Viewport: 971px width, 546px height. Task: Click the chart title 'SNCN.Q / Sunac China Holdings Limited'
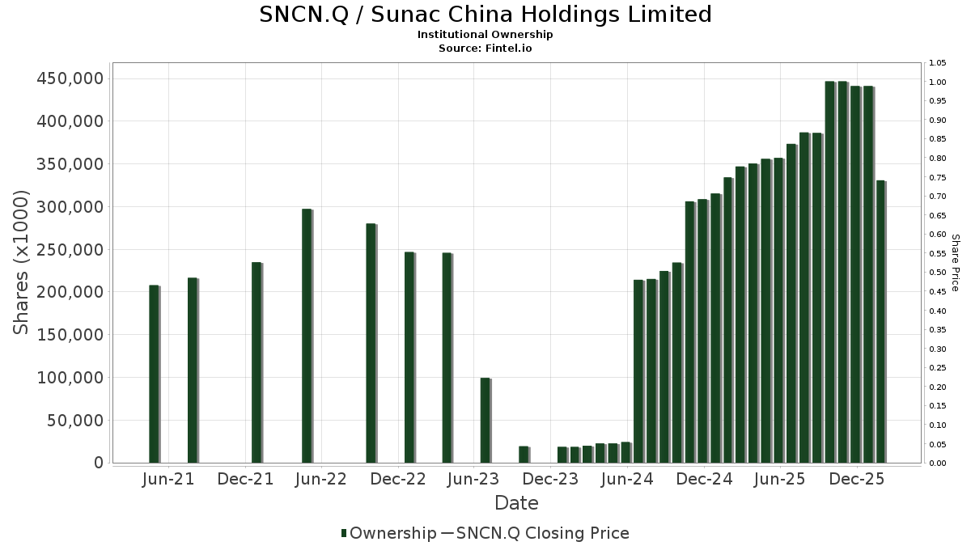click(485, 15)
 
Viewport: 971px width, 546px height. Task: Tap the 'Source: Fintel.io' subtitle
click(485, 48)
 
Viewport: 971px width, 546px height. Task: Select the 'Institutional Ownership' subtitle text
click(485, 35)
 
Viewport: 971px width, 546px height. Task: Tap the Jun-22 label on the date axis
click(321, 479)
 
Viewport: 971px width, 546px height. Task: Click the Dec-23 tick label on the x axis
click(551, 479)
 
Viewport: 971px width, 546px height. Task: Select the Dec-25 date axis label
click(857, 479)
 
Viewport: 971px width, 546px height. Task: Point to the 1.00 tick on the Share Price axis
click(937, 83)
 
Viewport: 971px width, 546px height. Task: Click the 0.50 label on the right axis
click(937, 273)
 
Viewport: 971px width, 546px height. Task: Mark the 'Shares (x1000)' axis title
click(22, 262)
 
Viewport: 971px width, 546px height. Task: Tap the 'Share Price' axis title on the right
click(955, 262)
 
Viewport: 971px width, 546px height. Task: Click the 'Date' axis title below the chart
click(516, 503)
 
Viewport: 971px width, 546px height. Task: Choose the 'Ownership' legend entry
click(388, 533)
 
